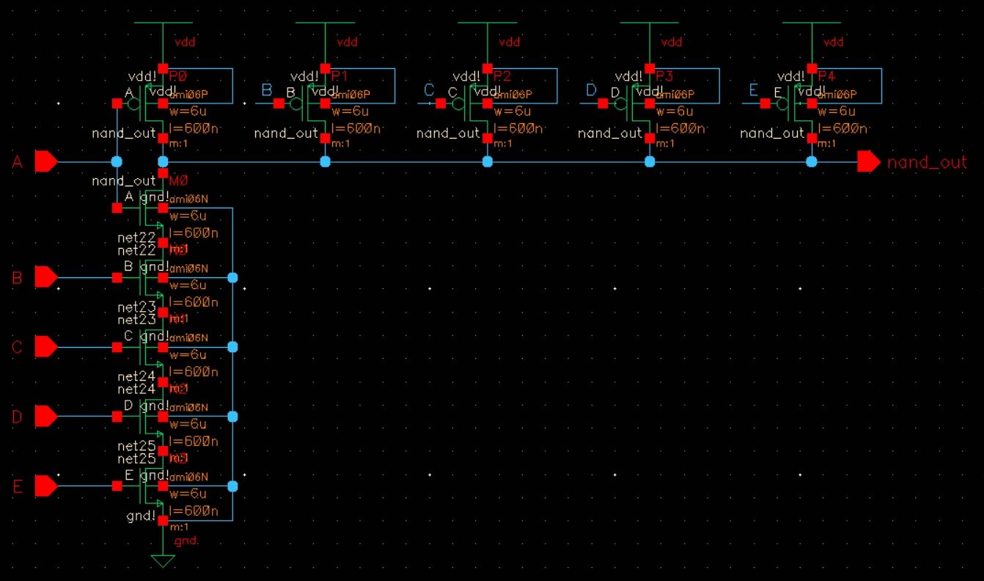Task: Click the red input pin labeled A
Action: click(45, 161)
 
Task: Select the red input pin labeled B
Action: click(45, 277)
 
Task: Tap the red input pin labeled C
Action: click(45, 346)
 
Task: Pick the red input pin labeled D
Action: click(45, 417)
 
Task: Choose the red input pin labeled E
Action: click(45, 486)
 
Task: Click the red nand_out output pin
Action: click(869, 162)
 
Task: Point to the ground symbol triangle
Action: click(163, 562)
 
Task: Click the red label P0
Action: click(179, 76)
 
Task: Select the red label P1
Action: click(341, 76)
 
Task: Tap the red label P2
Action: click(503, 76)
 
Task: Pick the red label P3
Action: click(665, 76)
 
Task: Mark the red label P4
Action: click(827, 76)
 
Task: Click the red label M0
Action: click(178, 180)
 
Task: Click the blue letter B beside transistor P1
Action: click(267, 90)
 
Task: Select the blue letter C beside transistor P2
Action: click(430, 90)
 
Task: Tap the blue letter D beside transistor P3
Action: click(592, 90)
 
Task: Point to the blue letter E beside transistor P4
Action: click(753, 90)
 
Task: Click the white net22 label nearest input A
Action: click(137, 238)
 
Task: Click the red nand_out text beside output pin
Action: click(927, 163)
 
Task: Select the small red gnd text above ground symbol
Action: click(186, 541)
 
